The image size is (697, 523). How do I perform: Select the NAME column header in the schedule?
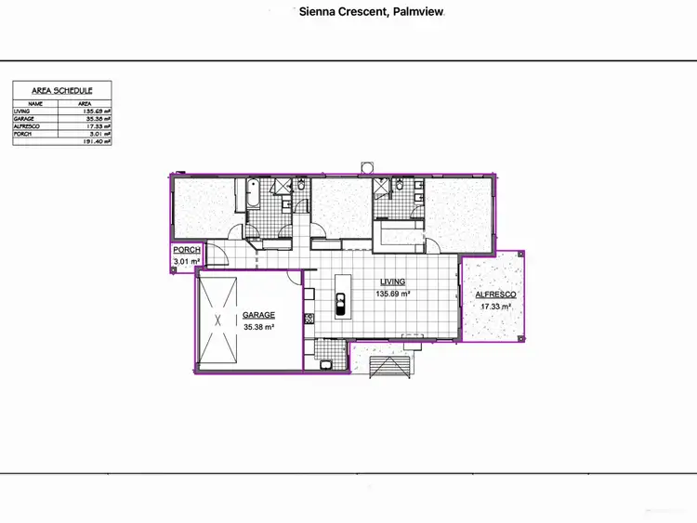coord(35,104)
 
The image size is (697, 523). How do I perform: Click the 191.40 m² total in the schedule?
coord(97,142)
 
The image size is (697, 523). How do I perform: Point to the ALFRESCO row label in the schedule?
coord(26,127)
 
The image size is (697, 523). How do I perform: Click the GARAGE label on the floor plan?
coord(258,315)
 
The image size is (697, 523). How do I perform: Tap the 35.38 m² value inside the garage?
coord(258,327)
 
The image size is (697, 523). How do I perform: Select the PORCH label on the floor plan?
coord(187,250)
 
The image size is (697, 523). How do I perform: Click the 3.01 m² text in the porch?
coord(187,263)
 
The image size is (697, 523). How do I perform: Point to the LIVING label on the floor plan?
coord(393,281)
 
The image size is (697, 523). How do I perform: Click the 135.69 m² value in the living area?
coord(393,294)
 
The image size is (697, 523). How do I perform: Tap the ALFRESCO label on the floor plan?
coord(494,294)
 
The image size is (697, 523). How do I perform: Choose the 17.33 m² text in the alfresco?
coord(494,307)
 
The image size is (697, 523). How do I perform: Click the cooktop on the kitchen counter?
coord(308,320)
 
